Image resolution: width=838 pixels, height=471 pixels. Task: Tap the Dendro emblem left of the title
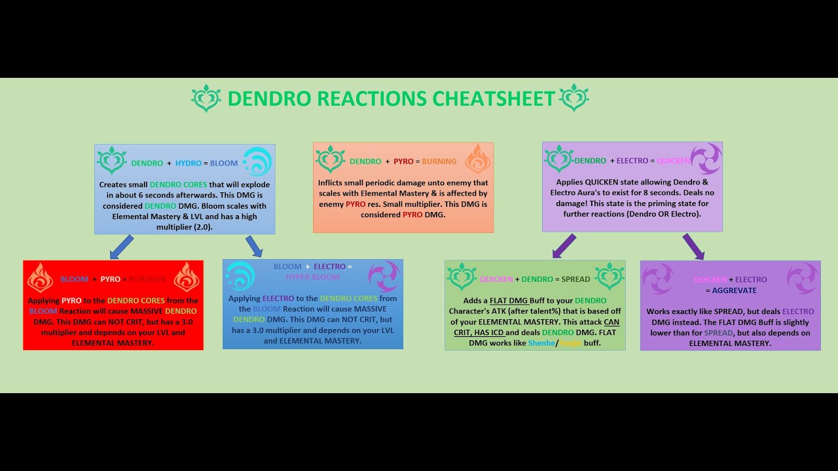coord(206,98)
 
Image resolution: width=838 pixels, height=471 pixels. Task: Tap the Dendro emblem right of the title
coord(575,98)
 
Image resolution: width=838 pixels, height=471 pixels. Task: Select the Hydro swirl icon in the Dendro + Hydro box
coord(257,162)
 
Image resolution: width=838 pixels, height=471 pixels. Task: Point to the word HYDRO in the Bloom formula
coord(189,163)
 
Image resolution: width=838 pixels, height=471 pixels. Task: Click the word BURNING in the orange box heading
coord(439,162)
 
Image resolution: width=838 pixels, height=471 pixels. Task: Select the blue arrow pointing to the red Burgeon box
coord(122,247)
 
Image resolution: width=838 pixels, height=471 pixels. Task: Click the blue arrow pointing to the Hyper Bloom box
coord(254,247)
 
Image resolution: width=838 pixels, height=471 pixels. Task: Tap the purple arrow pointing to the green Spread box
coord(564,246)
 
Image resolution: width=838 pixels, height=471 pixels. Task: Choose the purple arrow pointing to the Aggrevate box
coord(693,247)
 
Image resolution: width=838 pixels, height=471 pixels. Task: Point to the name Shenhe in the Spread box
coord(541,343)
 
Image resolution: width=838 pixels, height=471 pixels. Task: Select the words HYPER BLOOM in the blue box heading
coord(312,277)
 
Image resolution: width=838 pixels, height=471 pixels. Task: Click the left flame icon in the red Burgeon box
coord(40,278)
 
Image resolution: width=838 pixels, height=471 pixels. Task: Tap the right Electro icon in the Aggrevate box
coord(803,278)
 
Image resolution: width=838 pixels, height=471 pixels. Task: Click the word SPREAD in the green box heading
coord(574,279)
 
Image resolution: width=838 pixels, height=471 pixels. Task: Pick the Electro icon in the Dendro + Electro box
coord(706,159)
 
